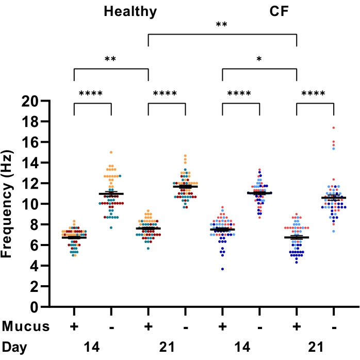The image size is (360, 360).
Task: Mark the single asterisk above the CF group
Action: [259, 60]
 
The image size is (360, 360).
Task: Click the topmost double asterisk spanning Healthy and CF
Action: [222, 25]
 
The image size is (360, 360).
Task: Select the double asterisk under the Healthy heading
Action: [110, 60]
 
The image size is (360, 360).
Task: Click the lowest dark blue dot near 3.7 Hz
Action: [222, 269]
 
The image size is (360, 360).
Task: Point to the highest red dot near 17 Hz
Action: [334, 127]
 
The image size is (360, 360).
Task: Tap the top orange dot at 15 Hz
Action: [111, 153]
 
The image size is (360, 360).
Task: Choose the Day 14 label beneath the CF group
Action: [240, 345]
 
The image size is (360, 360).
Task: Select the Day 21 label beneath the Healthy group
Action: [166, 345]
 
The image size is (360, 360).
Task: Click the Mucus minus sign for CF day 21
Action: [334, 326]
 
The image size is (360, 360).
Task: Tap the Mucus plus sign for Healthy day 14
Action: [74, 326]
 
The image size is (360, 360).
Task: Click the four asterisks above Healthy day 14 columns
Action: [91, 94]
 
